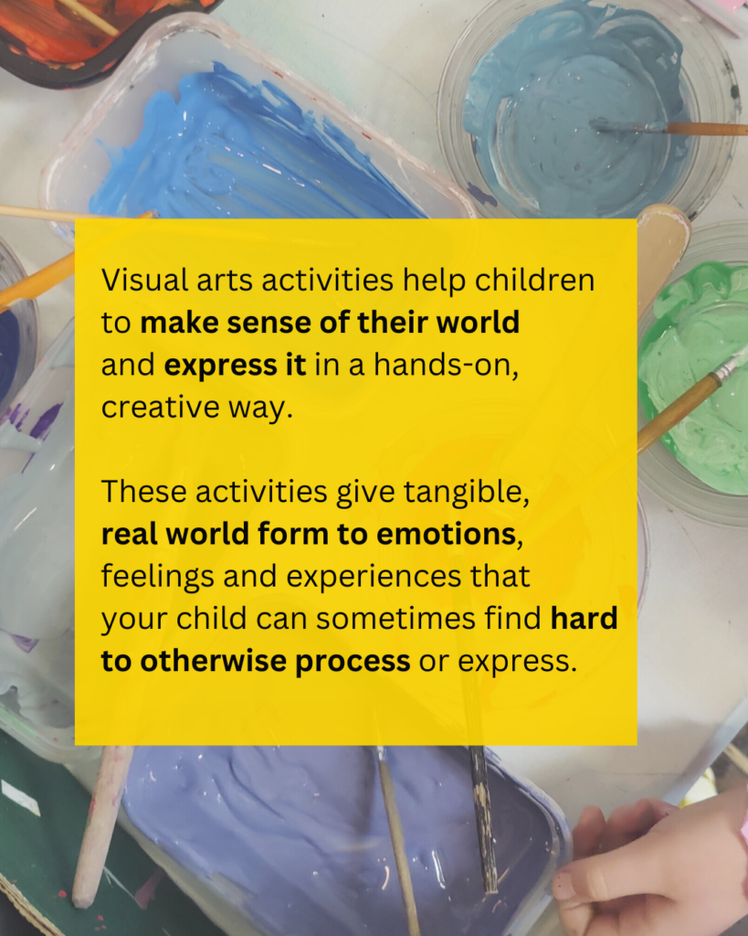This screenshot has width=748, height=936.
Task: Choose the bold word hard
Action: pyautogui.click(x=584, y=619)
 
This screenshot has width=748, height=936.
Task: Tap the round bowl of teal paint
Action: pyautogui.click(x=566, y=101)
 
